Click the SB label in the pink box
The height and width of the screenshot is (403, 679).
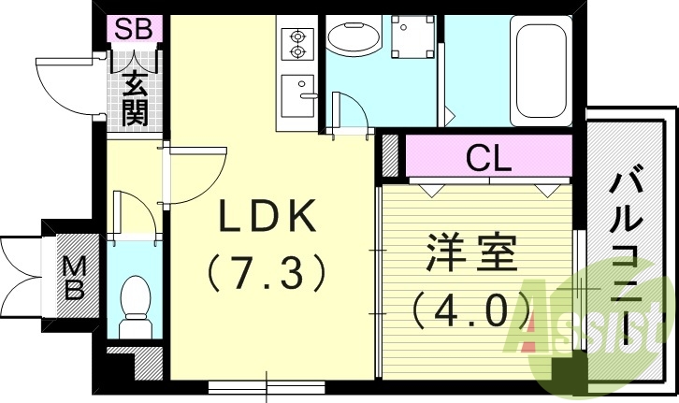point(134,28)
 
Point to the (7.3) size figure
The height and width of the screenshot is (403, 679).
point(267,273)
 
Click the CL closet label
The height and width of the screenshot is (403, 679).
point(488,157)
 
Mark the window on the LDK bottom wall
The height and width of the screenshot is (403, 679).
point(267,383)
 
